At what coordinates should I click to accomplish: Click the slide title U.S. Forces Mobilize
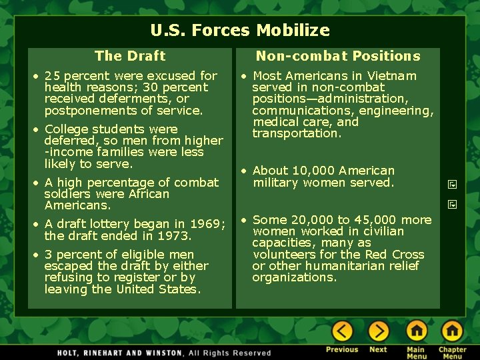point(240,31)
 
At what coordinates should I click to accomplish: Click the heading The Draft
point(130,56)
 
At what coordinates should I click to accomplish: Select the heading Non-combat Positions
point(338,56)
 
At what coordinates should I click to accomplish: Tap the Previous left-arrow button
point(342,331)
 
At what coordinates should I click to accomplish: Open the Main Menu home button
point(416,331)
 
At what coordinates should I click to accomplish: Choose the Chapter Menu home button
point(452,331)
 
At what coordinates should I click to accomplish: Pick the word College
point(66,129)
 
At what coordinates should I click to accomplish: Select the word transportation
point(296,133)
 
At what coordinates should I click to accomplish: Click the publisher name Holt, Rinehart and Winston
point(120,353)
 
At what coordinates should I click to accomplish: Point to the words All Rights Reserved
point(230,353)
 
